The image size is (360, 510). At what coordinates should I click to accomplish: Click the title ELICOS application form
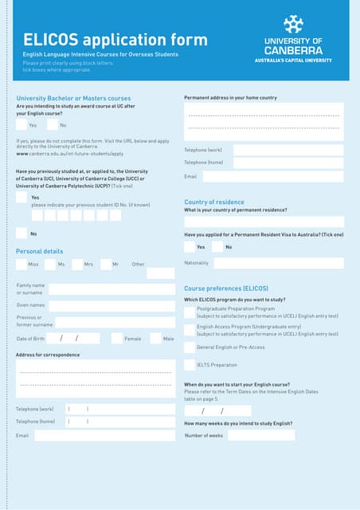point(115,40)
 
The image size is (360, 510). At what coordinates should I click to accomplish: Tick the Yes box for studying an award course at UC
point(22,125)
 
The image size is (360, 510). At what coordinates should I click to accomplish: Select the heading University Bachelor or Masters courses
point(73,98)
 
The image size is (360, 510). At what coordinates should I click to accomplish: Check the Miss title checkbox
point(22,264)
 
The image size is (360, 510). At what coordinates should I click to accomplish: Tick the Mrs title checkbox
point(77,264)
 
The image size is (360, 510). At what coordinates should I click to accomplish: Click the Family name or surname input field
point(112,289)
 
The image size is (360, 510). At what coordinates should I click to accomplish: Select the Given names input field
point(112,305)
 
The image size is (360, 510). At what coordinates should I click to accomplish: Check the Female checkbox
point(117,339)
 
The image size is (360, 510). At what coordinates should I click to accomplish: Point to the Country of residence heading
point(214,202)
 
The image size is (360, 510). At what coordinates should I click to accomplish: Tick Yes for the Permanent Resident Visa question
point(190,247)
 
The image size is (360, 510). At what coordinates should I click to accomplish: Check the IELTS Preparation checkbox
point(190,365)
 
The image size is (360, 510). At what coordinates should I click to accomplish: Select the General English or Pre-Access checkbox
point(190,347)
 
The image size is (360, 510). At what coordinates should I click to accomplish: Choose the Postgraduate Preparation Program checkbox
point(190,312)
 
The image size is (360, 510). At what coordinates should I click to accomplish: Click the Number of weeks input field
point(261,435)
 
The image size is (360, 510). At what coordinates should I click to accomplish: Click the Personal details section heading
point(39,251)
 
